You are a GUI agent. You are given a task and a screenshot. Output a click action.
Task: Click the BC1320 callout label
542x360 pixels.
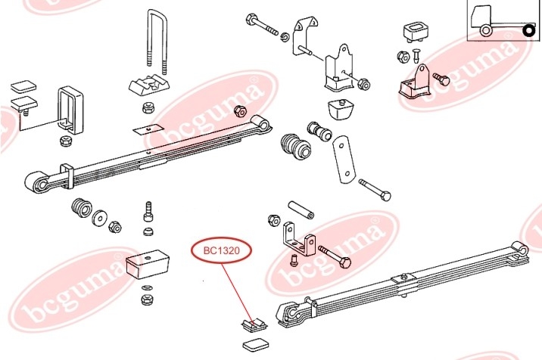click(221, 250)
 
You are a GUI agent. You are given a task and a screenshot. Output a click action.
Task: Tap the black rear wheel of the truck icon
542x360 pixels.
click(529, 31)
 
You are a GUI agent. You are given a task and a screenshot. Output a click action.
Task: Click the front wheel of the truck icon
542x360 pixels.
click(486, 30)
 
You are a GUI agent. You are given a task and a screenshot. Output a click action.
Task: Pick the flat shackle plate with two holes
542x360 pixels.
click(344, 160)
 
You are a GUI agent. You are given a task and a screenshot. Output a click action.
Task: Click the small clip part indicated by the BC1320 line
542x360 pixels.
click(254, 324)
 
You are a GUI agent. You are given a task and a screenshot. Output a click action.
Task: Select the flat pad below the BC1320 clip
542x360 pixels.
click(256, 345)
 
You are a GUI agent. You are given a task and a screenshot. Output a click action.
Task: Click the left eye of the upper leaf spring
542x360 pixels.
click(37, 184)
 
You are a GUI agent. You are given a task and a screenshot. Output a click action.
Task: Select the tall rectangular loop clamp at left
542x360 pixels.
click(70, 110)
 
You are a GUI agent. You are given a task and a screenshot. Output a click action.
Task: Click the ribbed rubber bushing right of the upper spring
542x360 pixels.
click(295, 147)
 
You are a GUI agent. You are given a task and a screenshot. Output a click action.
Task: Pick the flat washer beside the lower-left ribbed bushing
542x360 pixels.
click(100, 217)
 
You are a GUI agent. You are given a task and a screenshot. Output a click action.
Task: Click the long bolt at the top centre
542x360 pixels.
click(262, 24)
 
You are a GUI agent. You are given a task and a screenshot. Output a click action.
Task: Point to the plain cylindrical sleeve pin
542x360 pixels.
click(301, 210)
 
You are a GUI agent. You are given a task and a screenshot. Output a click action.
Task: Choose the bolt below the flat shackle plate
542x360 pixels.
click(375, 190)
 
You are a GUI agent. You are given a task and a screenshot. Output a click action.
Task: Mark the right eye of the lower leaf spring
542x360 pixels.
click(520, 250)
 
